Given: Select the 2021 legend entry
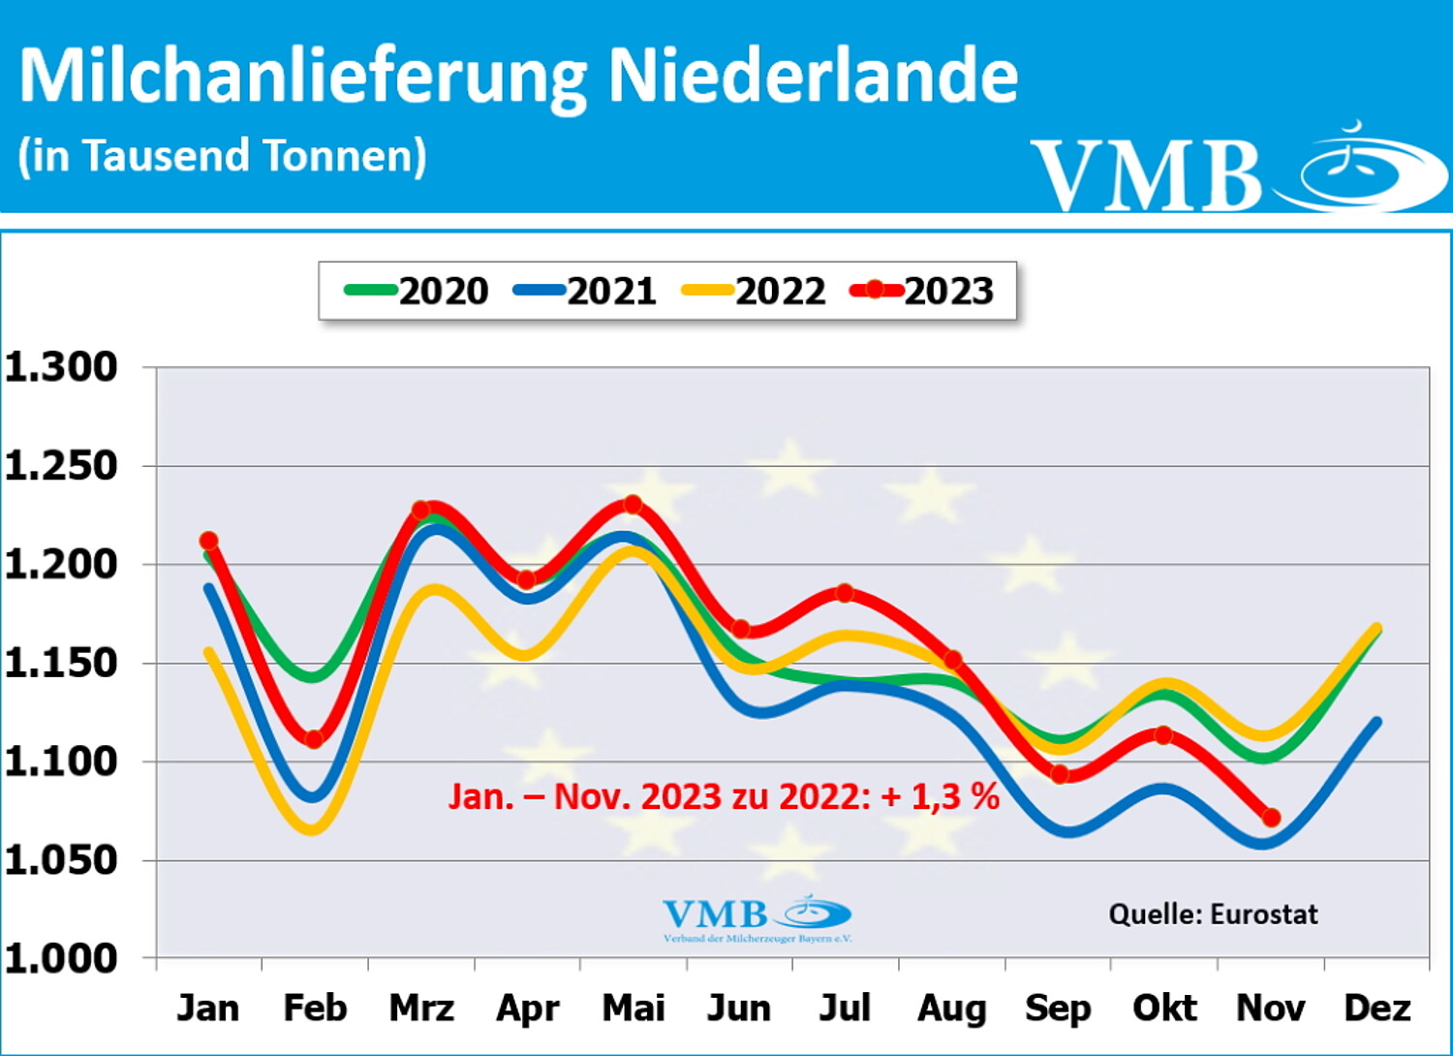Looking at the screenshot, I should click(587, 291).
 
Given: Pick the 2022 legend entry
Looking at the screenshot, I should click(756, 291).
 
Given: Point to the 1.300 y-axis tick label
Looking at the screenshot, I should click(61, 367).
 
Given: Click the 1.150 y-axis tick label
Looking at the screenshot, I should click(61, 664).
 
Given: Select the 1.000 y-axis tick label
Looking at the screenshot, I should click(61, 958).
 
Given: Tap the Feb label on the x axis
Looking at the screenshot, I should click(315, 1009).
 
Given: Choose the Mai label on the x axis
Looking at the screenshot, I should click(634, 1009).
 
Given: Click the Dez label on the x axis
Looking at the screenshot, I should click(1376, 1009).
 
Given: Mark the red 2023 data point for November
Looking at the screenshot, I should click(1271, 819).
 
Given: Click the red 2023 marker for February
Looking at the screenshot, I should click(314, 739).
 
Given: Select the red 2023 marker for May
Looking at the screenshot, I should click(633, 505).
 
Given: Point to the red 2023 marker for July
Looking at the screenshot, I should click(845, 593).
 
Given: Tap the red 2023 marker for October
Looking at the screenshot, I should click(1164, 735).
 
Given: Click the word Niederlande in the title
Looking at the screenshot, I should click(813, 75).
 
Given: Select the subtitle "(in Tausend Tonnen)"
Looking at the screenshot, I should click(222, 156).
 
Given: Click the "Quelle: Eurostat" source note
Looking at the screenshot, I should click(1213, 914).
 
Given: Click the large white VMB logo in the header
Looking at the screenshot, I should click(1240, 170).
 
